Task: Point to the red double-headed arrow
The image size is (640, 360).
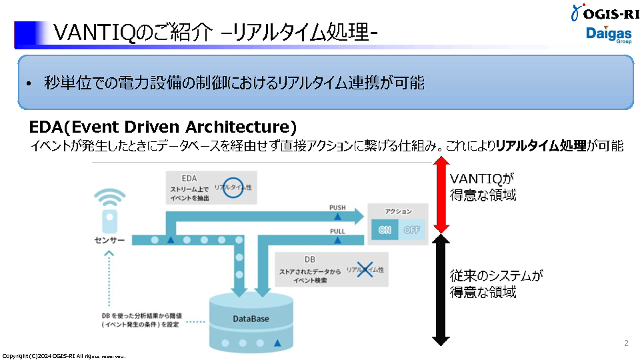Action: (441, 197)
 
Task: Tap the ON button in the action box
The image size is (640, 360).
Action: (385, 231)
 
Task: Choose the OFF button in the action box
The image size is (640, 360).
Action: (411, 231)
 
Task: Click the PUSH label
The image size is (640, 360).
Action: (337, 208)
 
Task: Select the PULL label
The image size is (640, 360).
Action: (337, 231)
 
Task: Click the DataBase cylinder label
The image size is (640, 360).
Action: (251, 319)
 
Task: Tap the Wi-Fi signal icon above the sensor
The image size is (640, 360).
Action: (109, 199)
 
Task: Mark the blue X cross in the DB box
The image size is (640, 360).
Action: (365, 270)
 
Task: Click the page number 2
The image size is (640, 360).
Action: (626, 343)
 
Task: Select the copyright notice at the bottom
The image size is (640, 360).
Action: (63, 356)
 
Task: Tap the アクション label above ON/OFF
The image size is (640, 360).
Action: (398, 211)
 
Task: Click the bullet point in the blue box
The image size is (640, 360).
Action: (29, 85)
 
